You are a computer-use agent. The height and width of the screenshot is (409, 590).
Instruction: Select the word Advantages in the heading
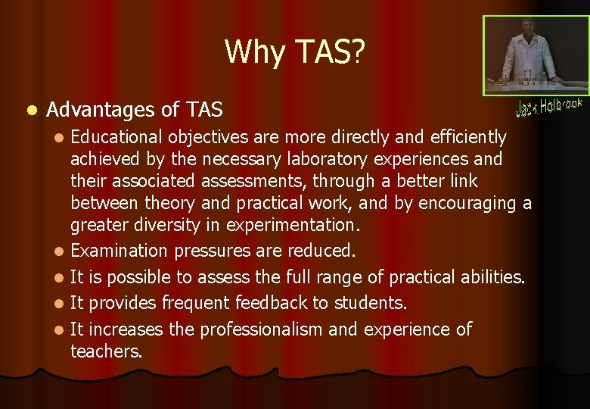click(101, 111)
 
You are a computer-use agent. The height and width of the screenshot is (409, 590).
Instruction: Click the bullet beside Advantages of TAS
click(29, 111)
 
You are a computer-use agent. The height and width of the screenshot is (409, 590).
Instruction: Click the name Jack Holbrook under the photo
click(548, 107)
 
